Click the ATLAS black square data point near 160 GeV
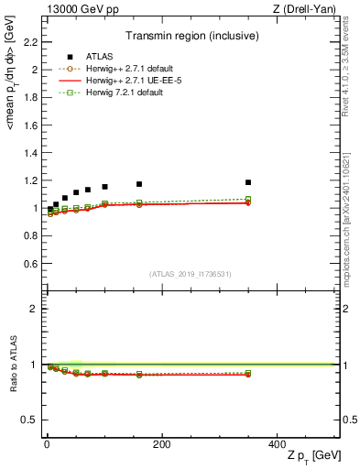[139, 184]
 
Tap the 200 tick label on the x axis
[161, 444]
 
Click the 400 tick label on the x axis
[276, 444]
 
